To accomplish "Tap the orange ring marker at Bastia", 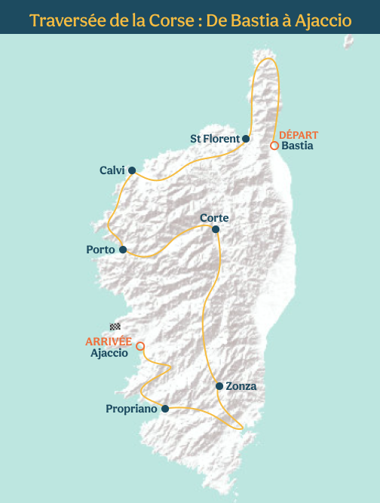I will [274, 146].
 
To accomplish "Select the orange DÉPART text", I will [299, 135].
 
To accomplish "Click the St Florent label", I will [214, 139].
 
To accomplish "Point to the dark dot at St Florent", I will [246, 139].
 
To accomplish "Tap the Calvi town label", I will [112, 170].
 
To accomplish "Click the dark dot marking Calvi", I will [132, 170].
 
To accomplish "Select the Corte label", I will [214, 218].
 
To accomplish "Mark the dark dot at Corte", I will [216, 229].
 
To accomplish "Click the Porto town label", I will [100, 250].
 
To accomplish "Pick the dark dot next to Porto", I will [122, 250].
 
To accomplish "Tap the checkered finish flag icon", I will [115, 327].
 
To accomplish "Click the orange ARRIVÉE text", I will [109, 342].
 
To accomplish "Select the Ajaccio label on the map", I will [109, 353].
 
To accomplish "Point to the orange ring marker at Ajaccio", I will [140, 346].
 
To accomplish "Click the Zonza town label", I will [241, 386].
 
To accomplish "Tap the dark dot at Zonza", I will [219, 386].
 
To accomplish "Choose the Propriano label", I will [131, 409].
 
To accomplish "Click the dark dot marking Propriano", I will [164, 409].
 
